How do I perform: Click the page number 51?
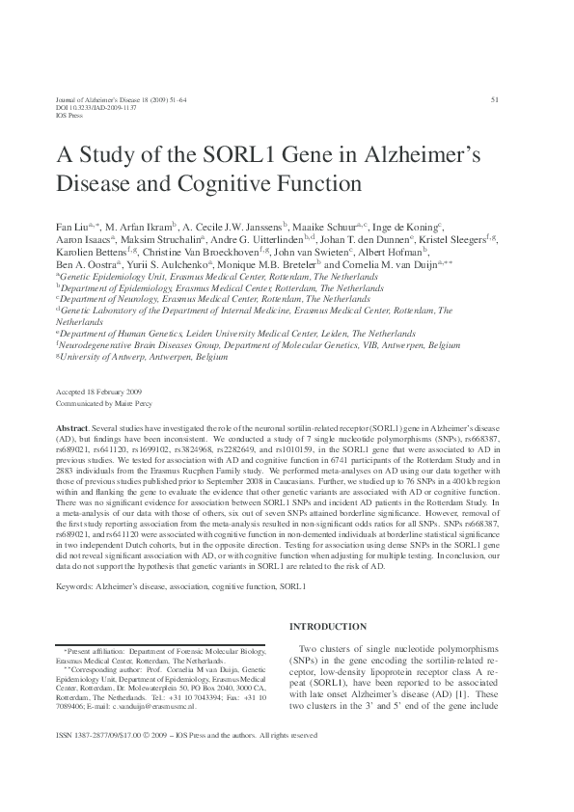pos(495,99)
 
